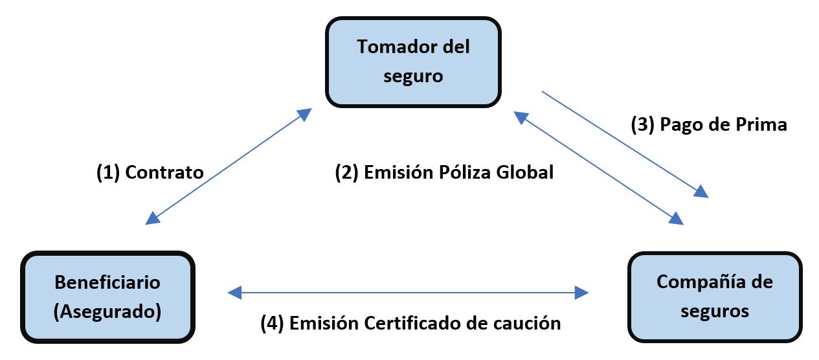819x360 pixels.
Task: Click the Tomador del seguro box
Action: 413,62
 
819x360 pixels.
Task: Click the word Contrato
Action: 164,172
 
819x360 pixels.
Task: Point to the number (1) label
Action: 108,172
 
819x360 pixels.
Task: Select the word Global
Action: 525,172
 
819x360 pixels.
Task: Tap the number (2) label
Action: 346,172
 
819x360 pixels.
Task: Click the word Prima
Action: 761,124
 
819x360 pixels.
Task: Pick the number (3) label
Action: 643,124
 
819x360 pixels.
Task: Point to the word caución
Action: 530,322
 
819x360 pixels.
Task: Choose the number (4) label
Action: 272,322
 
